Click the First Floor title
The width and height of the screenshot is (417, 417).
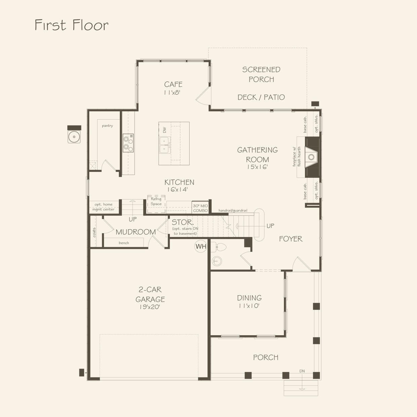71,25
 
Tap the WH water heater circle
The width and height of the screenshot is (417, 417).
201,246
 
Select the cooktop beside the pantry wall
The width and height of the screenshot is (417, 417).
128,143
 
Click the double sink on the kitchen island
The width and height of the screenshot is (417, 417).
165,145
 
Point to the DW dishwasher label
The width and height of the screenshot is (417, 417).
165,130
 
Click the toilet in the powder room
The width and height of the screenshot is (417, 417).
219,247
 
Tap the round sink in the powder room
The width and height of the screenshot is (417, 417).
217,261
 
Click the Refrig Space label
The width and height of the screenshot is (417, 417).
156,201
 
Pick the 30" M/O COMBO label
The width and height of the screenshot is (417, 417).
200,208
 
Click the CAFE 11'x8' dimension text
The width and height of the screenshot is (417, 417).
172,92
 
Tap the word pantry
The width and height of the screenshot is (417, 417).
107,126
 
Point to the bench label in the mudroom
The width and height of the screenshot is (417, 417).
124,243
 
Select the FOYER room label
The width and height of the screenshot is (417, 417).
291,239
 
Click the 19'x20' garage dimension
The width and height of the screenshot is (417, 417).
150,307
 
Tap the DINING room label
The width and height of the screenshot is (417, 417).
249,298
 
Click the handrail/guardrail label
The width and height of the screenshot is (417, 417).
233,210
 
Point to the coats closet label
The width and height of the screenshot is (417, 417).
94,232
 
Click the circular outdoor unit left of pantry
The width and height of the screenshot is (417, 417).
74,137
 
